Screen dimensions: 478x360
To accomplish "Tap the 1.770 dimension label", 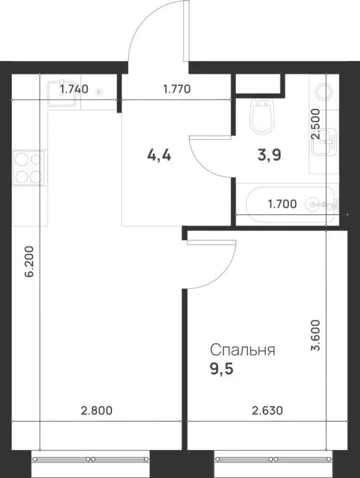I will (x=176, y=89).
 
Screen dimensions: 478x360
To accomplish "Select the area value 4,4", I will (x=159, y=155).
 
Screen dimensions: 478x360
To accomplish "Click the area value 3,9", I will (x=269, y=155).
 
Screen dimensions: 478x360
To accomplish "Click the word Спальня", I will (x=242, y=350).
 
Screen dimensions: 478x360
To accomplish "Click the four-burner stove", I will (x=29, y=168).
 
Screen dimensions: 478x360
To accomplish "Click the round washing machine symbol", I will (x=324, y=93).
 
